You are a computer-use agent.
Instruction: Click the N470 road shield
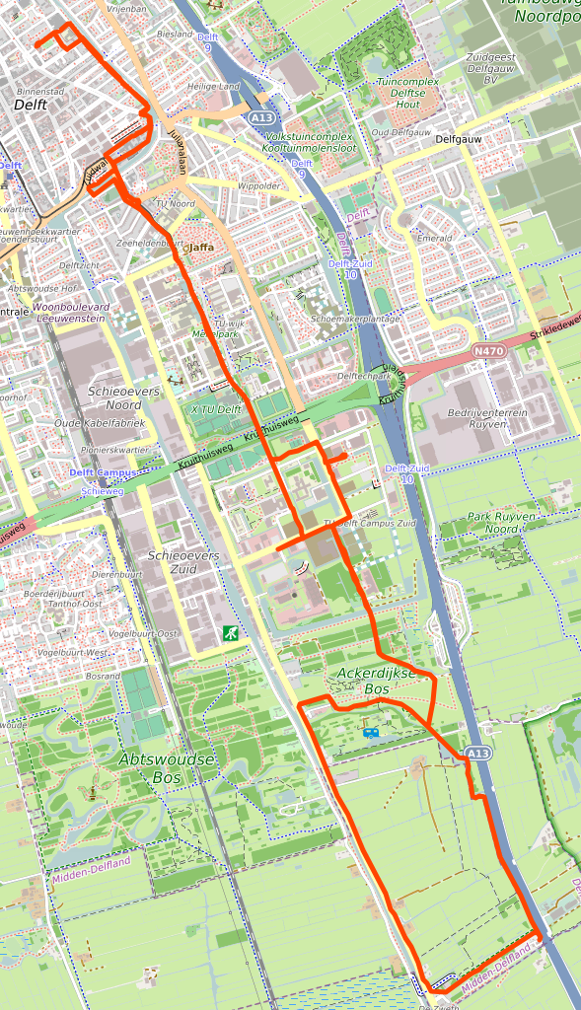pos(486,349)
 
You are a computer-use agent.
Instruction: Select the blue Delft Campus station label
pos(104,472)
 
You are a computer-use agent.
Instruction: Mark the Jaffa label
pos(201,247)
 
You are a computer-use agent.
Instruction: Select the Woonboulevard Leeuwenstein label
pos(70,313)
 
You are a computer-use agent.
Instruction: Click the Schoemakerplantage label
pos(355,320)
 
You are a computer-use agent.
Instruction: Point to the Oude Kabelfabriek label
pos(101,423)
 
